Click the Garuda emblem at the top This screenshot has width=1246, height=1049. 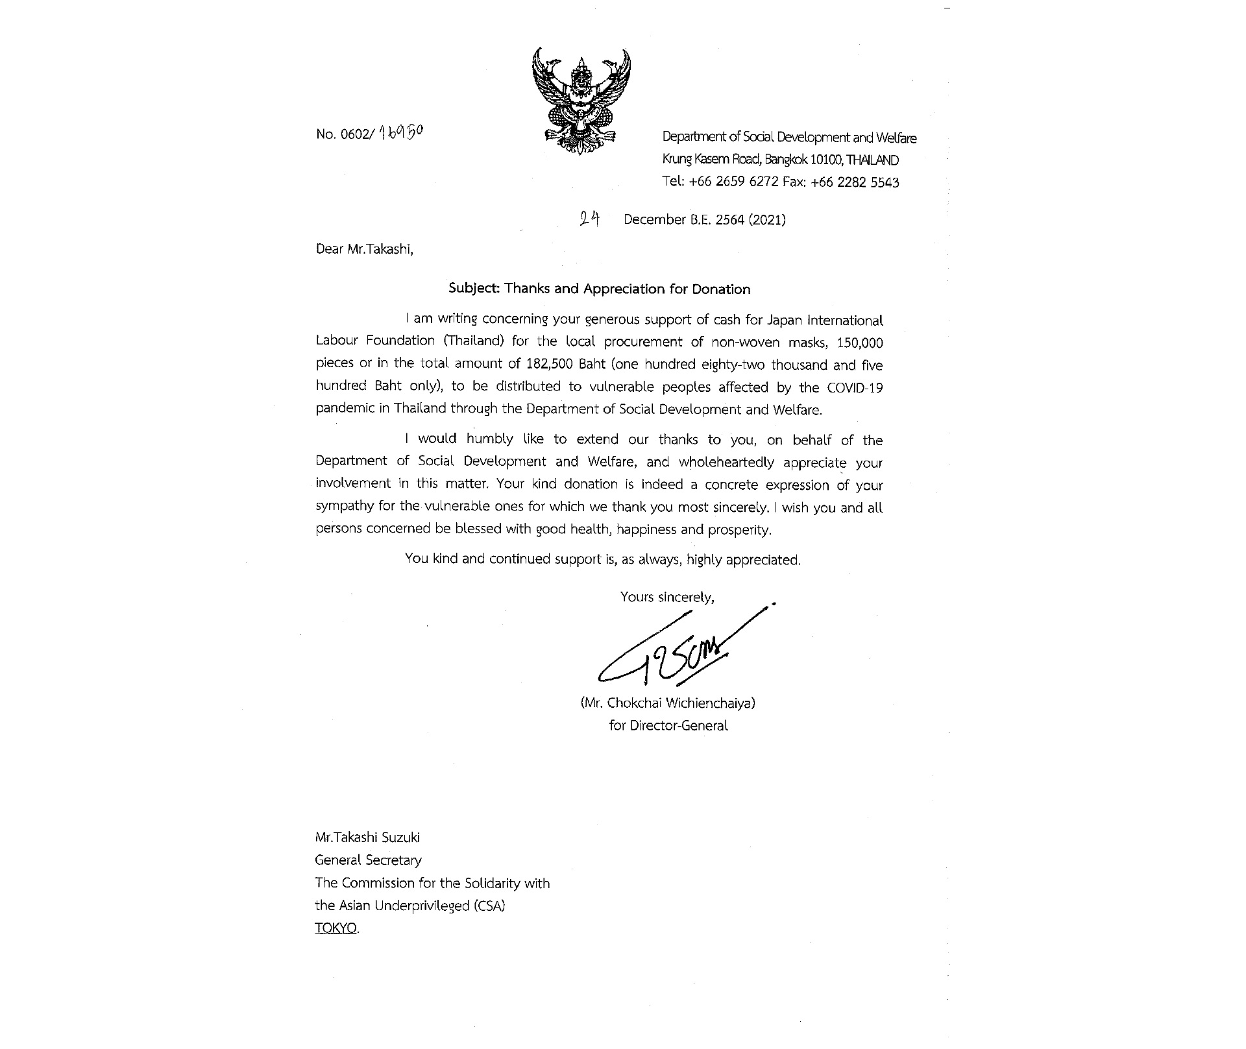tap(581, 101)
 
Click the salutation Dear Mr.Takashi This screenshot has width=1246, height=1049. tap(364, 249)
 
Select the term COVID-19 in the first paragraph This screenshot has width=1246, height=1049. tap(855, 387)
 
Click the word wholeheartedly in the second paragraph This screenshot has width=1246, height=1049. tap(726, 462)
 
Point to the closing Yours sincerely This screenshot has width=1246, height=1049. tap(667, 597)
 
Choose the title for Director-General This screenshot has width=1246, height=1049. tap(668, 726)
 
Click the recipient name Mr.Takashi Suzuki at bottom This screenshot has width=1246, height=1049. tap(367, 838)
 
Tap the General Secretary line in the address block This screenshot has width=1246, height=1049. tap(368, 860)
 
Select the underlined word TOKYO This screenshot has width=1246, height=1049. tap(336, 928)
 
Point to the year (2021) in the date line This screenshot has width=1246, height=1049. tap(767, 220)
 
